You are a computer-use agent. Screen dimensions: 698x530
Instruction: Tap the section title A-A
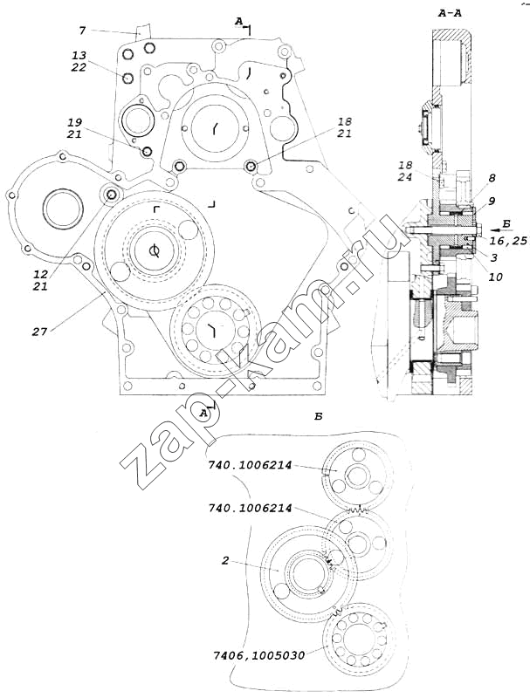(462, 13)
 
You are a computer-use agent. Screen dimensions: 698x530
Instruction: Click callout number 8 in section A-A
(492, 178)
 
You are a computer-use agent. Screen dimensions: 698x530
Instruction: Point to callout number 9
(492, 201)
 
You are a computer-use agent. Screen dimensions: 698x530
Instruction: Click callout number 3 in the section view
(493, 257)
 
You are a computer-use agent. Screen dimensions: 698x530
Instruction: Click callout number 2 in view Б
(225, 562)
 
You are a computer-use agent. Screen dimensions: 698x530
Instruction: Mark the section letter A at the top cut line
(237, 18)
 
